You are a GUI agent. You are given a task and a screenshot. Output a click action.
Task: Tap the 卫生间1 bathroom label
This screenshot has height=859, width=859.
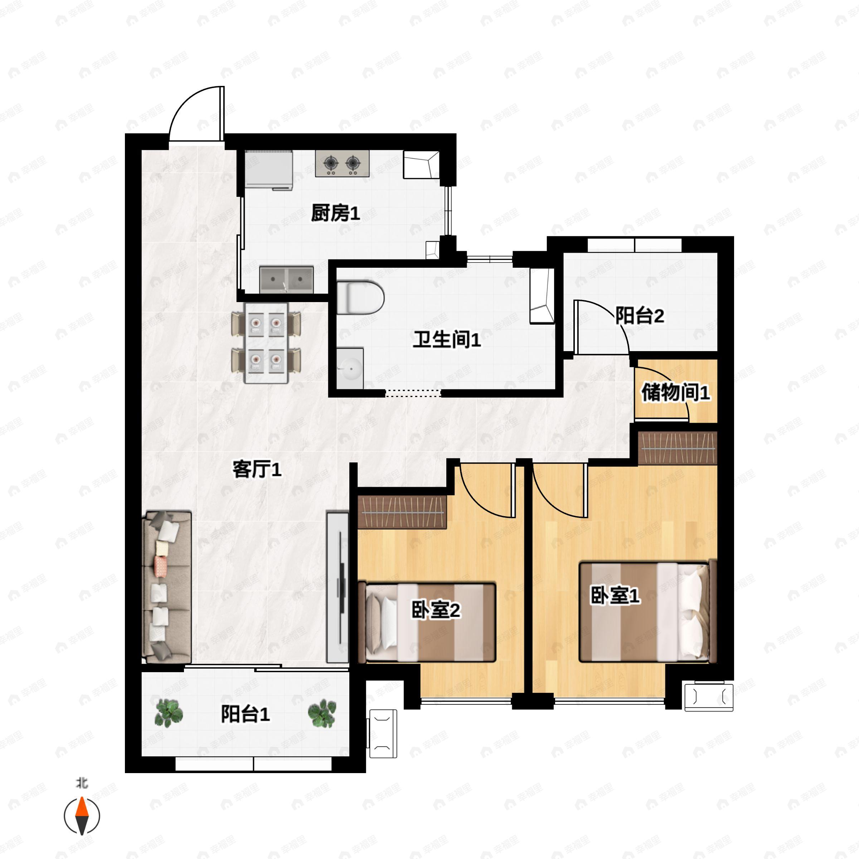click(x=446, y=340)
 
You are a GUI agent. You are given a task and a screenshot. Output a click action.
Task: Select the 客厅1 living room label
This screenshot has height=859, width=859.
click(x=257, y=470)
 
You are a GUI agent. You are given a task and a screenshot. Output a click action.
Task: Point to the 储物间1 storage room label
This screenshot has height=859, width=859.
click(x=675, y=393)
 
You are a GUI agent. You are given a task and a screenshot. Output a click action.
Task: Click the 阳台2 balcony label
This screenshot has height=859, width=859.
click(x=639, y=316)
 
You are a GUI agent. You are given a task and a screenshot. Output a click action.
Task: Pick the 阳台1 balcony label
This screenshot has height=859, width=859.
click(x=246, y=714)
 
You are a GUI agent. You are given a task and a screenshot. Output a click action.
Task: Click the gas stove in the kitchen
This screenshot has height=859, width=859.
click(x=342, y=164)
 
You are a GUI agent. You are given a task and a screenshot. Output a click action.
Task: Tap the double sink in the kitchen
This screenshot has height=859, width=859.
click(x=286, y=280)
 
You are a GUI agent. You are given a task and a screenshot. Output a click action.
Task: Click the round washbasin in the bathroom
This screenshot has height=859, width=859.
click(x=350, y=368)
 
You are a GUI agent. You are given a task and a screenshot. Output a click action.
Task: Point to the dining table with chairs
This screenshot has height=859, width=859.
click(x=266, y=343)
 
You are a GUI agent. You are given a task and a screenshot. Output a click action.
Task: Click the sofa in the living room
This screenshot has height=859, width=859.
click(x=167, y=587)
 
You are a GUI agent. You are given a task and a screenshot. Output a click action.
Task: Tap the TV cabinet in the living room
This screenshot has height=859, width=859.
click(x=338, y=587)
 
